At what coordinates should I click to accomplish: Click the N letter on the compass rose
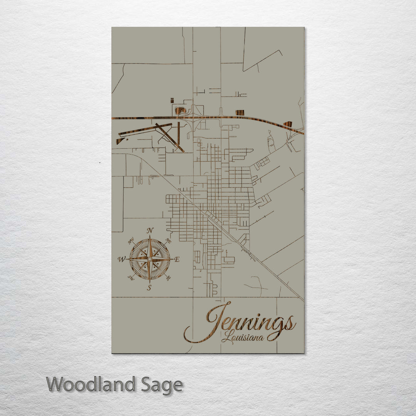150,231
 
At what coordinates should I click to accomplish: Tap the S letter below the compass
149,287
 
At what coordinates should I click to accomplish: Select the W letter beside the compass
121,259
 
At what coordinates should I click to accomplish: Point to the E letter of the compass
177,259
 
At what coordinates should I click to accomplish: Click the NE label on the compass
168,240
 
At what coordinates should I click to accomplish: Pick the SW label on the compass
131,277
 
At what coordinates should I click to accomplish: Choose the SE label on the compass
168,277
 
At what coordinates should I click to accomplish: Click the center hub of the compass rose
149,259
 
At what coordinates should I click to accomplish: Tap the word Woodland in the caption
91,384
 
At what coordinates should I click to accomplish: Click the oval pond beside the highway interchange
180,111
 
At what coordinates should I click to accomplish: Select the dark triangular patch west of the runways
120,141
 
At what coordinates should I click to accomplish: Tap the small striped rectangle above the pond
172,101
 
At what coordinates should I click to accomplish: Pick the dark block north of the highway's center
240,112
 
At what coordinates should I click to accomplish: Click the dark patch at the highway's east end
287,124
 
